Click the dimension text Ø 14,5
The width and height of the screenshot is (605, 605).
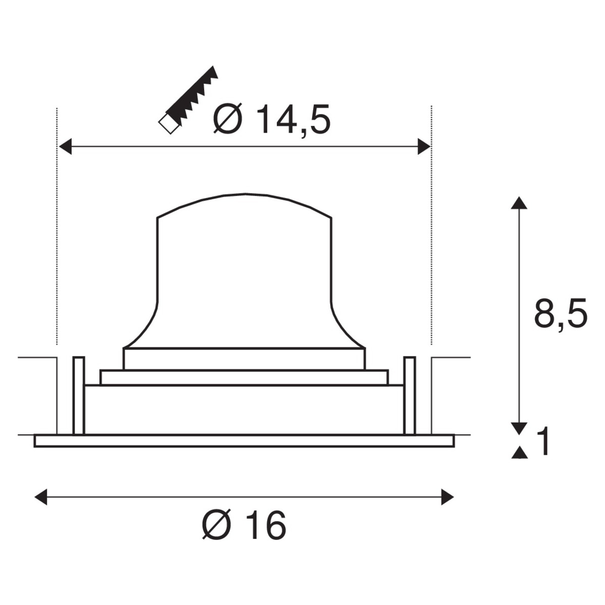272,119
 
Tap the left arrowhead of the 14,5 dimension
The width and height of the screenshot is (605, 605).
66,146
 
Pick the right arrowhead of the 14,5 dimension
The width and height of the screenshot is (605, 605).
424,146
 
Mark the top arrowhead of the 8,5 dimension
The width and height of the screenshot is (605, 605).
519,203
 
